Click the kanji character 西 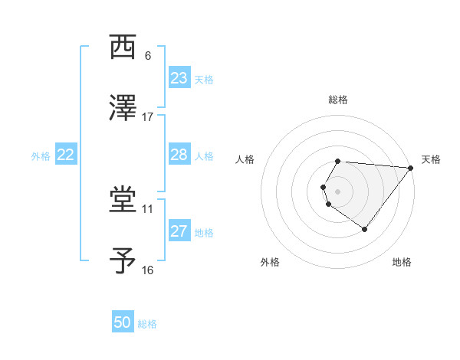pos(123,47)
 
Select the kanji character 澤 pos(123,108)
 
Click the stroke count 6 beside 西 pos(148,56)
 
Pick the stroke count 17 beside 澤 pos(148,116)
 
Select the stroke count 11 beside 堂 pos(148,208)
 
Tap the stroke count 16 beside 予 pos(148,270)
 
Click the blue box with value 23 pos(179,78)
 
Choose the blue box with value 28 pos(179,155)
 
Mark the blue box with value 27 pos(179,231)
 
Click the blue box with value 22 pos(66,155)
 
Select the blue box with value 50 pos(123,322)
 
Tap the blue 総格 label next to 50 pos(147,324)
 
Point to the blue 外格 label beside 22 pos(41,156)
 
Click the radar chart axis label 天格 pos(431,159)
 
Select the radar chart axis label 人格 pos(245,159)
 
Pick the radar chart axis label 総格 pos(338,100)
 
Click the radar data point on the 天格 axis pos(411,168)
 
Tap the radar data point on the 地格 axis pos(365,229)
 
